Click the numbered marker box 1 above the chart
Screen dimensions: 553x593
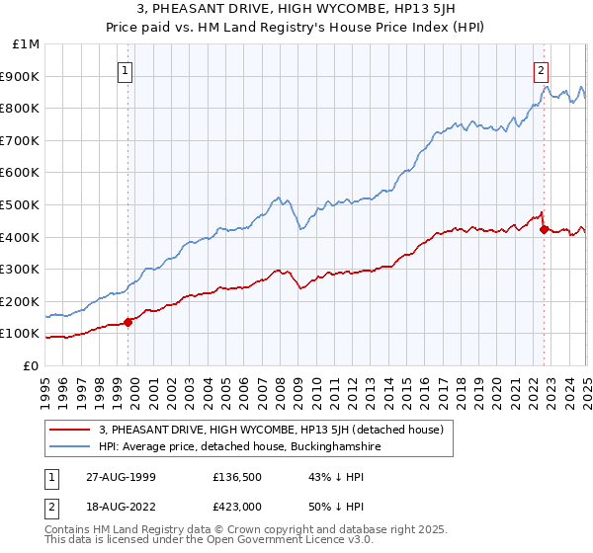127,70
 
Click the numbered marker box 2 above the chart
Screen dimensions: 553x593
542,70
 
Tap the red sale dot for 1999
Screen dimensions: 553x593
128,321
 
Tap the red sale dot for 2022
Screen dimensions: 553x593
544,229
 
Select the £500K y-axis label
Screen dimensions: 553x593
22,204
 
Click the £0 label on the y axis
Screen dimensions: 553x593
31,365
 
